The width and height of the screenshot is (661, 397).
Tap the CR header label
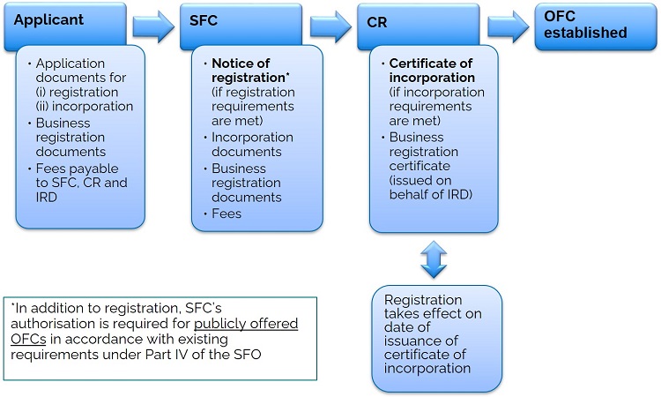[376, 19]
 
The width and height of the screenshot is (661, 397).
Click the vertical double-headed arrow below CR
[434, 259]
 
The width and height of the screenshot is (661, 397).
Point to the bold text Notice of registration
[252, 71]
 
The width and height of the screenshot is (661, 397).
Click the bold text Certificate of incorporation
[432, 71]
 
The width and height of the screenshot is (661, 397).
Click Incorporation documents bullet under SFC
[251, 145]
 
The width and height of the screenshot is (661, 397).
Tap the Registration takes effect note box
[436, 337]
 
